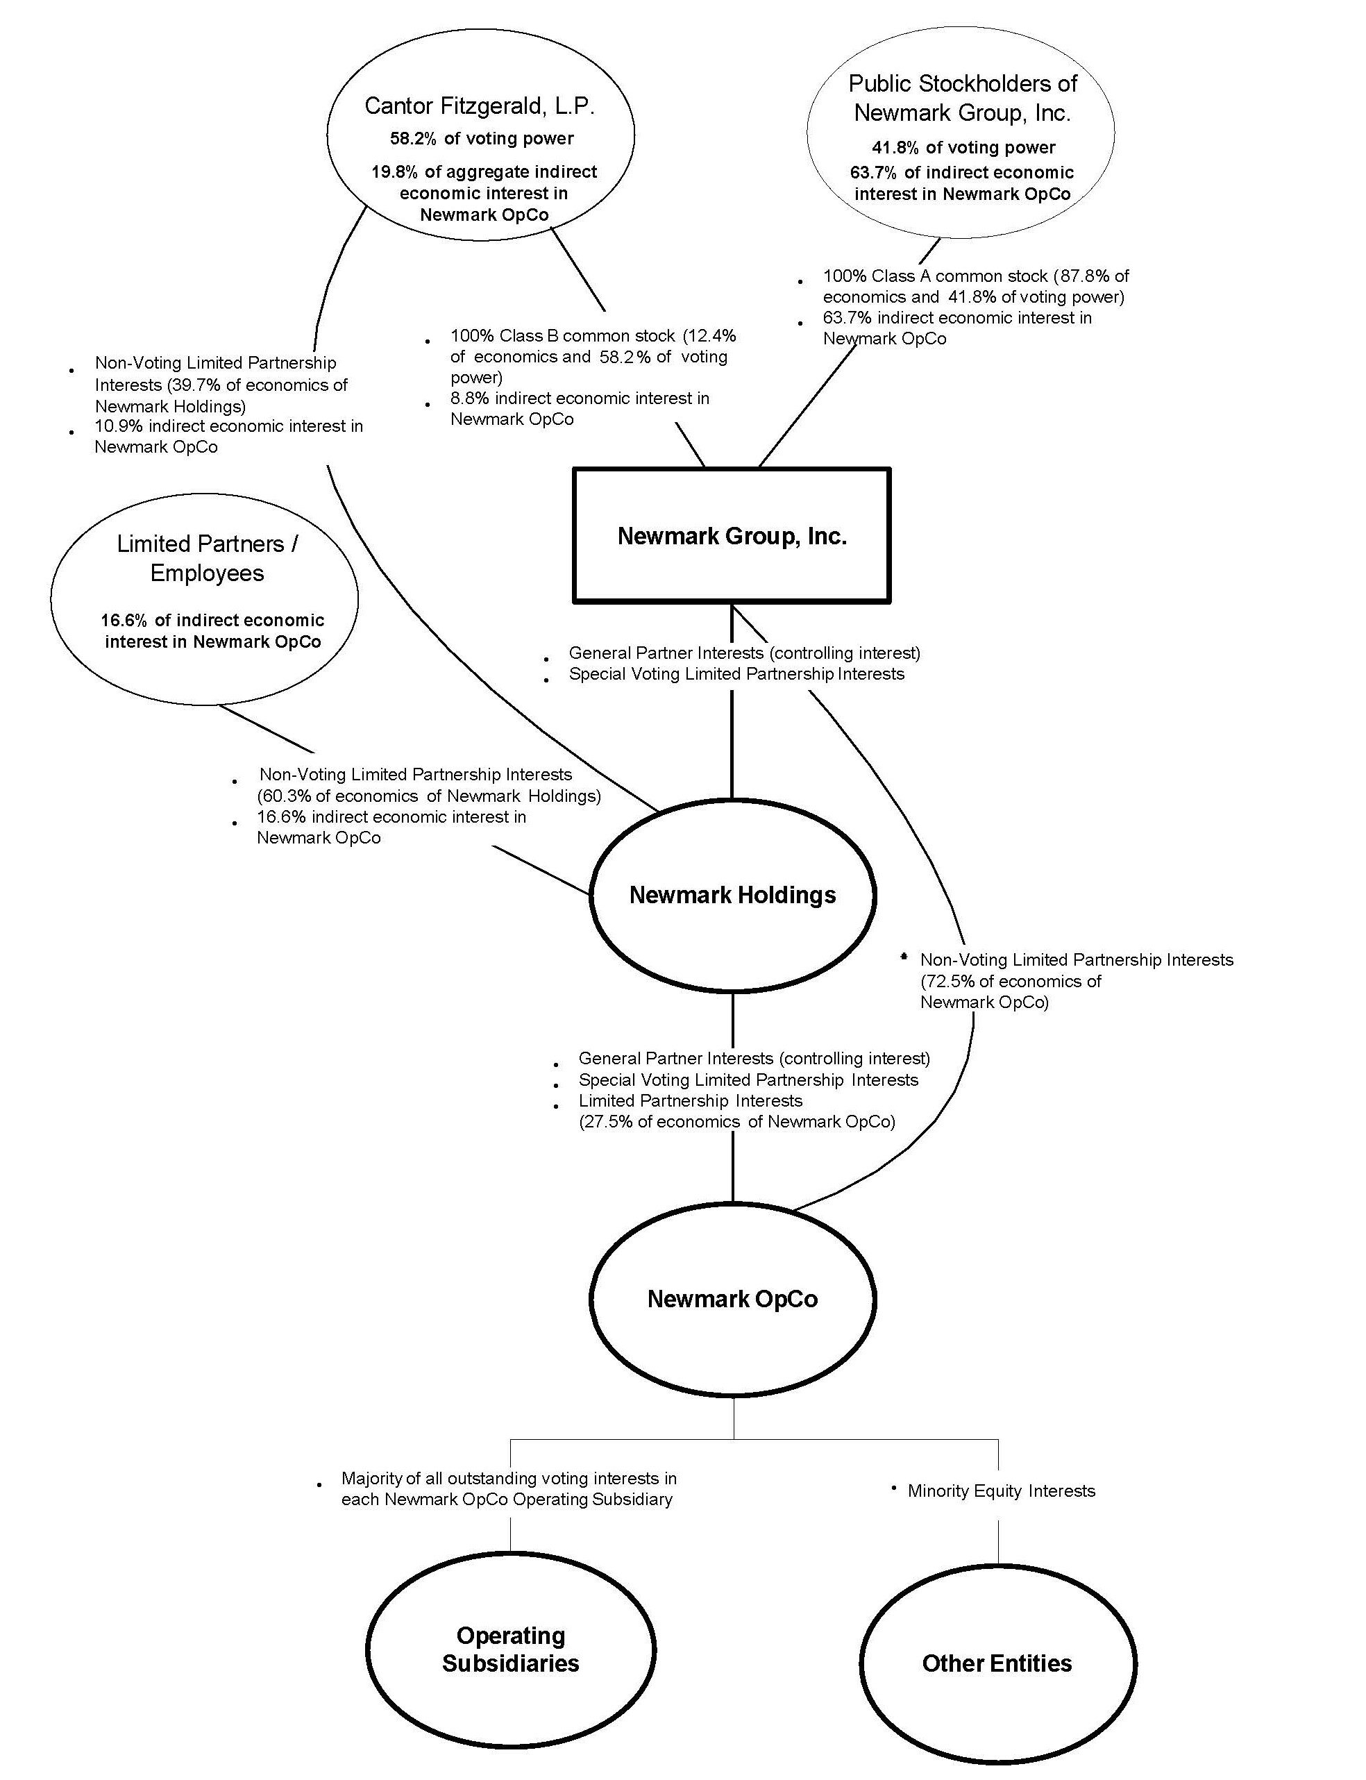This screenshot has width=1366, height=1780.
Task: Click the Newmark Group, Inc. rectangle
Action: (x=732, y=536)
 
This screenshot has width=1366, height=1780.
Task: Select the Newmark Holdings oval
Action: (x=732, y=896)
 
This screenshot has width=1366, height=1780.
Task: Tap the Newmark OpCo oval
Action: (x=732, y=1299)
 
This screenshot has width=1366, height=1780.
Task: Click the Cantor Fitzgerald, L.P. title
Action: (x=480, y=106)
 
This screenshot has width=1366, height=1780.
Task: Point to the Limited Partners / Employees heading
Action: (x=208, y=558)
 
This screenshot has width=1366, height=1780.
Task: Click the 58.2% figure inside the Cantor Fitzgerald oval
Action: (x=413, y=139)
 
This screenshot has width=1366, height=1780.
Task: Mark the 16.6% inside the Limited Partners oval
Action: (x=124, y=621)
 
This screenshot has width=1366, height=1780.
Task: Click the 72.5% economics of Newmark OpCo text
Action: (x=947, y=982)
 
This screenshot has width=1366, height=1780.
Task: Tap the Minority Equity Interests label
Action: (x=1001, y=1491)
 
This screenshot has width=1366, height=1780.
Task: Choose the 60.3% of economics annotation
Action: (x=430, y=796)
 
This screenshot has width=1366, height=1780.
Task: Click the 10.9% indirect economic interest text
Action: (x=228, y=426)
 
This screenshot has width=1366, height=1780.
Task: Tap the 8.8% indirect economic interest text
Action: (x=580, y=398)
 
